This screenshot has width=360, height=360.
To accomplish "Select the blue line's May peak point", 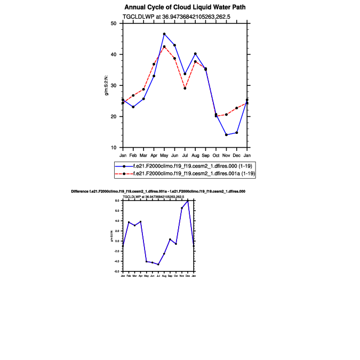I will click(164, 34).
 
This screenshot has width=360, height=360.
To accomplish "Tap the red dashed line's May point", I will click(164, 46).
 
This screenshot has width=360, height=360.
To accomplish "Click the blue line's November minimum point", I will click(226, 135).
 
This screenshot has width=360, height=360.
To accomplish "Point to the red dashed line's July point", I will click(185, 88).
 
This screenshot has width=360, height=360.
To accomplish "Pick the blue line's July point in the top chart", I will click(185, 74).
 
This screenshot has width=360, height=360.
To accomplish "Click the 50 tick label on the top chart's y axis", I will click(113, 23).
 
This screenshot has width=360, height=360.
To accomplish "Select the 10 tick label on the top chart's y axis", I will click(113, 148).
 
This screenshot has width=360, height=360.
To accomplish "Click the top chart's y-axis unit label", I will click(107, 85).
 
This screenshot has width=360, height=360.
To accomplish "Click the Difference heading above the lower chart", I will click(158, 191).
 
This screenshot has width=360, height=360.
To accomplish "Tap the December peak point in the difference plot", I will click(188, 201).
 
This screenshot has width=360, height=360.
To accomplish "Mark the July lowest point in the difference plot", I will click(158, 265).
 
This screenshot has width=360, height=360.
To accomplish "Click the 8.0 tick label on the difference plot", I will click(118, 200).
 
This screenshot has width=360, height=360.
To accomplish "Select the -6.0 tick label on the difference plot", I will click(118, 271).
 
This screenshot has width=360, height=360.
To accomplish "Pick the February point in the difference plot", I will click(129, 222).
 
